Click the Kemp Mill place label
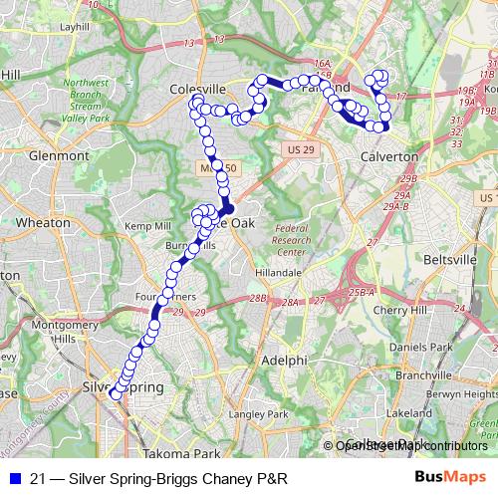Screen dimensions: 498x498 pyautogui.click(x=146, y=227)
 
